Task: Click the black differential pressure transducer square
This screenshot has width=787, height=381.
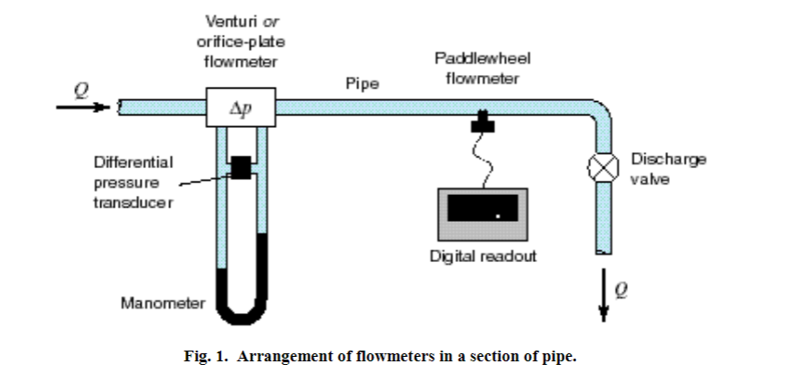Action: [241, 166]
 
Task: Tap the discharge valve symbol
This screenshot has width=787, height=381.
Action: [597, 168]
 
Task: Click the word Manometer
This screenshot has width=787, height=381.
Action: [161, 303]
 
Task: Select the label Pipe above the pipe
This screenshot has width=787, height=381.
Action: [362, 83]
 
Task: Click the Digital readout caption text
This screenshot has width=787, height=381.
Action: [483, 256]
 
